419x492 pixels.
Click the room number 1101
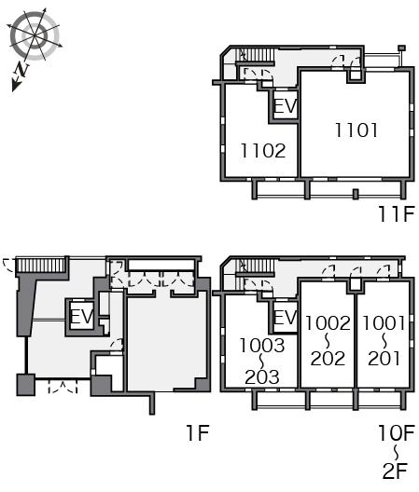click(356, 130)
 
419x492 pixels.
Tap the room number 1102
click(263, 151)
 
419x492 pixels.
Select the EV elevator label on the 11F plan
click(286, 105)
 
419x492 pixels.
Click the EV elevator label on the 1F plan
click(82, 316)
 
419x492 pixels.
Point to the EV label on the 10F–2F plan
click(286, 317)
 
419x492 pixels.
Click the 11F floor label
click(397, 214)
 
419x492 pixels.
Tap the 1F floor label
click(198, 432)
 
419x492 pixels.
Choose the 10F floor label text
click(397, 432)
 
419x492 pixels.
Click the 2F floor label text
click(395, 471)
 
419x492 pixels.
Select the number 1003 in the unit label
click(262, 345)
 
